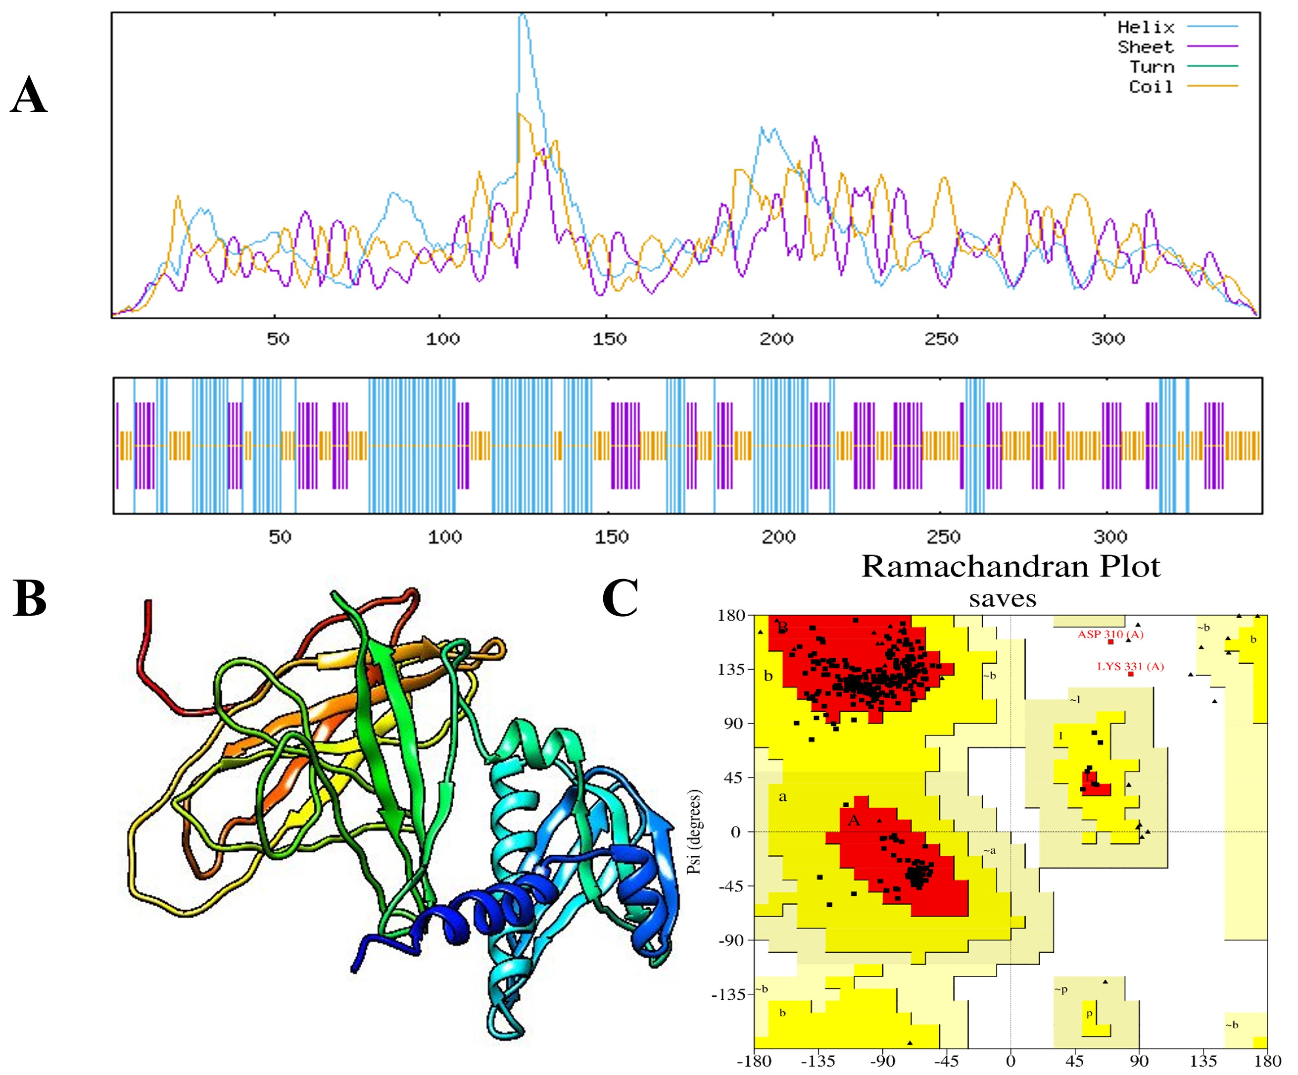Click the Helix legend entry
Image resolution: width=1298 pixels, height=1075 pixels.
tap(1145, 27)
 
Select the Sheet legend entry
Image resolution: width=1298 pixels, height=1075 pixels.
tap(1145, 47)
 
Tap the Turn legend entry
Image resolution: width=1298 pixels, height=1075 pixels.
tap(1151, 67)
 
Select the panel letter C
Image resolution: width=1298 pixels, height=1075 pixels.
tap(620, 598)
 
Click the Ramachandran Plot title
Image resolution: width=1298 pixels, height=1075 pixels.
tap(1010, 566)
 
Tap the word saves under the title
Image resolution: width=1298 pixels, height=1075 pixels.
tap(1003, 598)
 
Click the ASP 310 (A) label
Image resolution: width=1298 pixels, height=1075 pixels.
tap(1111, 634)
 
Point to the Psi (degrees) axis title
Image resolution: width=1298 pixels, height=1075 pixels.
tap(696, 831)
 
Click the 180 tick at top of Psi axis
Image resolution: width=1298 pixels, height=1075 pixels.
tap(733, 616)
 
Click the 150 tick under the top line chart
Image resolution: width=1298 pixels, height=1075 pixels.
tap(610, 339)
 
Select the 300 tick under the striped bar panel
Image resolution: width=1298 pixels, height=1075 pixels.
tap(1110, 537)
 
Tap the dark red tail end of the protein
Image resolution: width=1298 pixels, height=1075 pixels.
tap(148, 602)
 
